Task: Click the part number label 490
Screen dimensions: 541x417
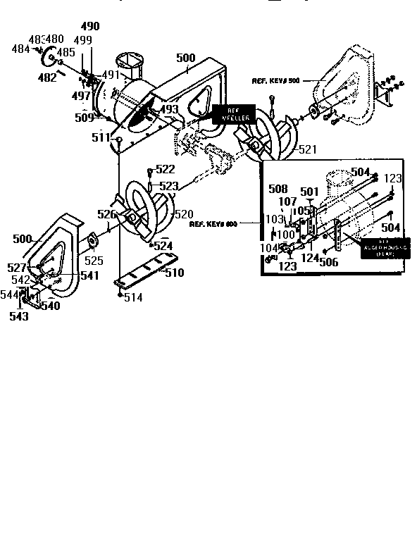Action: (x=89, y=27)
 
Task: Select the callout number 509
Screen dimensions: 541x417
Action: (x=85, y=118)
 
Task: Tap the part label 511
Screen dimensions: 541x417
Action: (x=101, y=138)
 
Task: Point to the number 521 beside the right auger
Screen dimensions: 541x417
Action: (x=308, y=149)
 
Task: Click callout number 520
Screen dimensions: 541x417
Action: (x=183, y=213)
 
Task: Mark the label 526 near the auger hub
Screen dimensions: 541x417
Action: (x=107, y=214)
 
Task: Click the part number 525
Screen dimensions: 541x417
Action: (x=94, y=261)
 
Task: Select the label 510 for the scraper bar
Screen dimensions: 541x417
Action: (x=174, y=273)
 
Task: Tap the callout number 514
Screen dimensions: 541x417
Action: (x=132, y=298)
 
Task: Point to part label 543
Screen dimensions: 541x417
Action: (x=19, y=317)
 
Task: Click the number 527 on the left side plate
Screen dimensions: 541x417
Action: (x=16, y=268)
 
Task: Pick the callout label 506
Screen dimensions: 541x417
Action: (x=328, y=263)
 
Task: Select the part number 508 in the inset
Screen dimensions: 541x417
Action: (x=278, y=189)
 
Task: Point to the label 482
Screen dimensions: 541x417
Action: (x=47, y=78)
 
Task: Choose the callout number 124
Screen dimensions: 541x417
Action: (x=310, y=258)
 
